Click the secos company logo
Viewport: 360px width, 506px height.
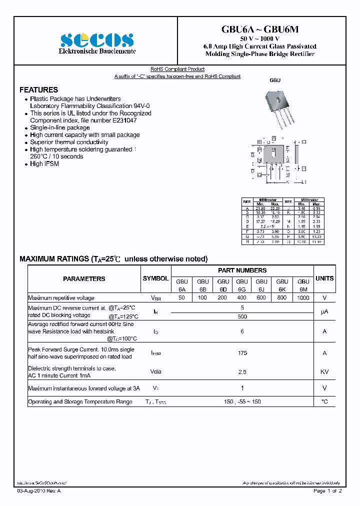(x=97, y=40)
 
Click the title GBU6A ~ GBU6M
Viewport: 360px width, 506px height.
(x=259, y=29)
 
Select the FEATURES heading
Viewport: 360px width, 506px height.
(x=38, y=90)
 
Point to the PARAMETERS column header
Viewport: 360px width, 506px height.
(x=84, y=279)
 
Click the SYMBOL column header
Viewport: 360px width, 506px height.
(x=156, y=278)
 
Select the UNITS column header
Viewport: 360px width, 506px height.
(x=324, y=278)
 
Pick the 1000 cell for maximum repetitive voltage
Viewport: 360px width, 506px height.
(x=303, y=298)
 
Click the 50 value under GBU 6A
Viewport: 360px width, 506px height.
(x=181, y=298)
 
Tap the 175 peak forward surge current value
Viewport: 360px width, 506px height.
(x=242, y=353)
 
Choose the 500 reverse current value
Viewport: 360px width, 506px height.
(x=242, y=317)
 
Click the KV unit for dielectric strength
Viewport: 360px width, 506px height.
(x=324, y=372)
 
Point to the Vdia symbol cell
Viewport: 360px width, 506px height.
(x=156, y=372)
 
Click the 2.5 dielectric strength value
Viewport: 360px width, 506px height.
(x=242, y=372)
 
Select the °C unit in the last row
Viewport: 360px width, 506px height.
(x=324, y=402)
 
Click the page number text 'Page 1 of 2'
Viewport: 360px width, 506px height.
(x=327, y=491)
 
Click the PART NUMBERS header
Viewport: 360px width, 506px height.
(x=242, y=270)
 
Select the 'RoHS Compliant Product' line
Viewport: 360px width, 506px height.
(x=177, y=69)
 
